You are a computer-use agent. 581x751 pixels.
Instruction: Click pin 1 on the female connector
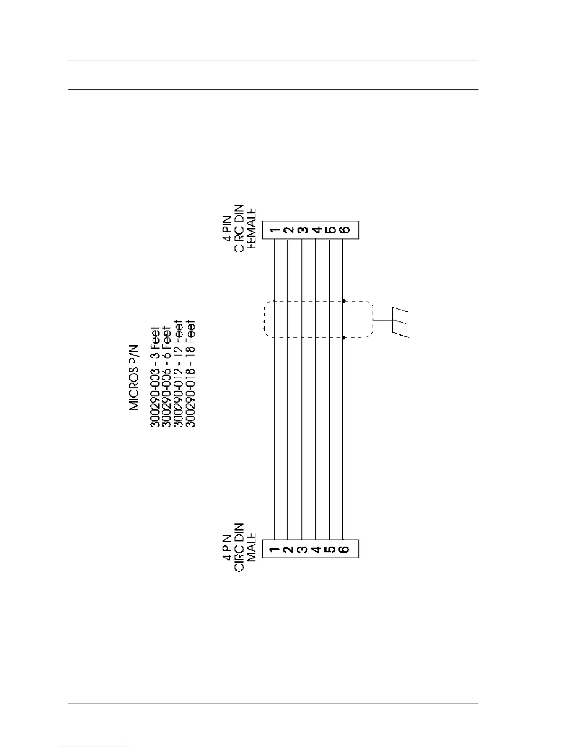(275, 230)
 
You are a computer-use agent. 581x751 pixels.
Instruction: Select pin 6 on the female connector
(345, 230)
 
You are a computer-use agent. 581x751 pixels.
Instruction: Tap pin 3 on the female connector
(302, 230)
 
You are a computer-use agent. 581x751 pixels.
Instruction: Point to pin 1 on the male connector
(275, 549)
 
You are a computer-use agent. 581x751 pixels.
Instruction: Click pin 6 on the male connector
(345, 549)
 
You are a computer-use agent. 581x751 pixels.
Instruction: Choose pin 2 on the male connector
(288, 549)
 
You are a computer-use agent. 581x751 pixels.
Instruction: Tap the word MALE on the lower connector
(251, 547)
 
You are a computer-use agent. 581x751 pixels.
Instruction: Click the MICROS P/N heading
(135, 377)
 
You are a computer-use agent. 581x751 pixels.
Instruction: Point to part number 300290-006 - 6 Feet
(167, 376)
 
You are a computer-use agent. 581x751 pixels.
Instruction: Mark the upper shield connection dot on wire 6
(343, 301)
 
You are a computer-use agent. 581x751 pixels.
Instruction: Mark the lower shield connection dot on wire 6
(343, 338)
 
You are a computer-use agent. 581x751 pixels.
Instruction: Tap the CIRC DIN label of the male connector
(240, 547)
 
